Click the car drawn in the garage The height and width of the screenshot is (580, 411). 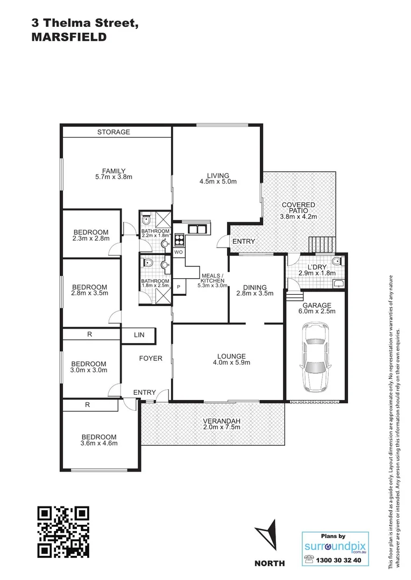coord(316,357)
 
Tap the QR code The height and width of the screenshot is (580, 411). coord(62,532)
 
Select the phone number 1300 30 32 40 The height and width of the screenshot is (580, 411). coord(341,560)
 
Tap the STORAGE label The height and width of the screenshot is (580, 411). coord(114,132)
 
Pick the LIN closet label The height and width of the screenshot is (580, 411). coord(139,335)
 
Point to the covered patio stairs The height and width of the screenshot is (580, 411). coord(321,244)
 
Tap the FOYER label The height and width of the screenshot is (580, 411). coord(151,358)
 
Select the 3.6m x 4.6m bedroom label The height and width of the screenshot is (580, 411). coord(98,443)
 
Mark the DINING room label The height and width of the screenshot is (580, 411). coord(254,287)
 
